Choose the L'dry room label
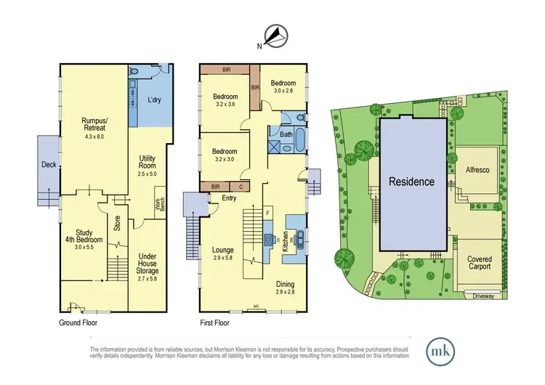(154, 100)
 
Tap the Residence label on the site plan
(411, 182)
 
